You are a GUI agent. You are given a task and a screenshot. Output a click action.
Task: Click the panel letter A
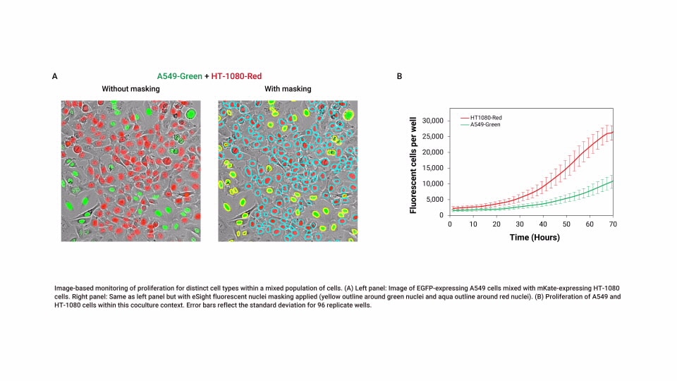(55, 75)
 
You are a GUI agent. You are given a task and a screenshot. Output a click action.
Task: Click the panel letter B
(400, 75)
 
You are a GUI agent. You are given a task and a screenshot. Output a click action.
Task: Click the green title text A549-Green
(179, 75)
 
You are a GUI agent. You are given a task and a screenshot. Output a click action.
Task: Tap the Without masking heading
(130, 89)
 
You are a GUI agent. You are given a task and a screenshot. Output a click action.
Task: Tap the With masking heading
(288, 89)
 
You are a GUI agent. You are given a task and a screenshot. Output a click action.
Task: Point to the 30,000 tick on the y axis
(431, 121)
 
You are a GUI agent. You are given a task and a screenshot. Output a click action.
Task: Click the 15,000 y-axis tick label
(431, 168)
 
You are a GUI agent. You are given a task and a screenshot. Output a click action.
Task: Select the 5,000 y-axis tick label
(433, 200)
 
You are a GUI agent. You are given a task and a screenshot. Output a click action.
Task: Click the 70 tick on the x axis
(614, 224)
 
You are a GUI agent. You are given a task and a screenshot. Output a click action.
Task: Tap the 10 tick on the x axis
(473, 224)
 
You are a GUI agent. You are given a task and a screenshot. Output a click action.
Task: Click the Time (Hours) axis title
(535, 237)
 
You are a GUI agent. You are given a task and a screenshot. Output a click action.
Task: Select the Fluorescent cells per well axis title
(414, 168)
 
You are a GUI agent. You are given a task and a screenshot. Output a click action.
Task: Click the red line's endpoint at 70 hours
(613, 132)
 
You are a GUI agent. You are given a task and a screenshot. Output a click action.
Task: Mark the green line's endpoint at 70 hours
(613, 181)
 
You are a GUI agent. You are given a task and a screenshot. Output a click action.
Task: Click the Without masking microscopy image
(130, 171)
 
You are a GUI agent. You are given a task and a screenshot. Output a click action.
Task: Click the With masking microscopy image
(288, 171)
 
